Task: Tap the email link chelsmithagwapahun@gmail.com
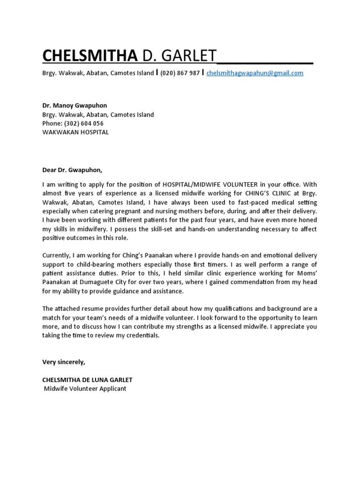[255, 73]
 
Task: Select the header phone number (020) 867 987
[180, 73]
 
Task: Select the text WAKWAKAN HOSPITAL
[75, 132]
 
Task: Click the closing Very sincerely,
[64, 362]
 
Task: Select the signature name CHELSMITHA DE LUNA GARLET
[88, 380]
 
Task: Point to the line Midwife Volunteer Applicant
[85, 389]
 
